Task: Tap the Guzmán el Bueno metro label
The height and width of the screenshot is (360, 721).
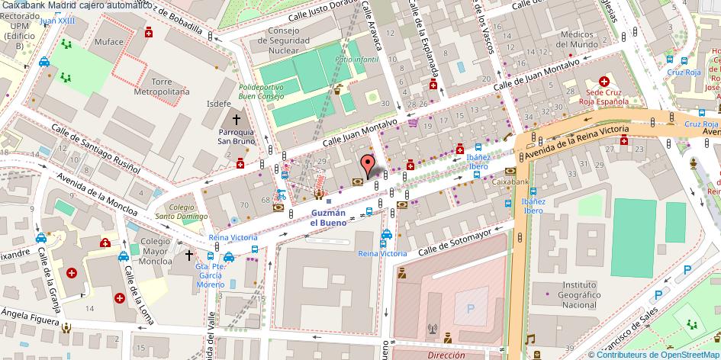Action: click(x=329, y=217)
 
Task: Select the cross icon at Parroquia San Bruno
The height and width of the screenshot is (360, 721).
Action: click(x=237, y=120)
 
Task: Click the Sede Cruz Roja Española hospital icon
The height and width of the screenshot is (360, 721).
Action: click(x=604, y=81)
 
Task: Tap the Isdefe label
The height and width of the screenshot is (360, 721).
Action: click(x=219, y=104)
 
